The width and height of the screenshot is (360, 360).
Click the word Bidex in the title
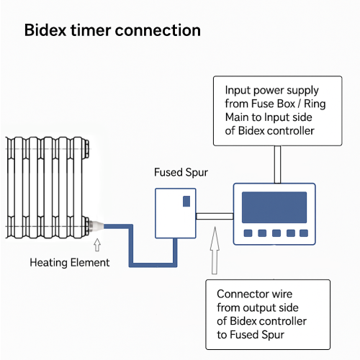45,30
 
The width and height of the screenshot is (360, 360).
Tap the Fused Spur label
181,173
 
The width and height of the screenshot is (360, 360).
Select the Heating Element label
70,263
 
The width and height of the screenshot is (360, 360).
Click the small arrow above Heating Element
97,245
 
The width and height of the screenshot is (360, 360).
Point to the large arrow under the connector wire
215,251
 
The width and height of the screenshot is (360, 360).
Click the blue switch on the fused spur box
186,201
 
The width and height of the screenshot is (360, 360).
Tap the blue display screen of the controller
274,207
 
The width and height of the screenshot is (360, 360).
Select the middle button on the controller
276,233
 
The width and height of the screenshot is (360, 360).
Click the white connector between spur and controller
215,216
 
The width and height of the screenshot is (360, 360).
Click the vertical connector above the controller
277,165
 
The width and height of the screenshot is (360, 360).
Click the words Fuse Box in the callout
273,104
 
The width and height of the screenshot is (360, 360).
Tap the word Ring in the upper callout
315,104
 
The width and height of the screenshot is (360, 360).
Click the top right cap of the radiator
86,149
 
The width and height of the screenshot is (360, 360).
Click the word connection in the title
158,30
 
